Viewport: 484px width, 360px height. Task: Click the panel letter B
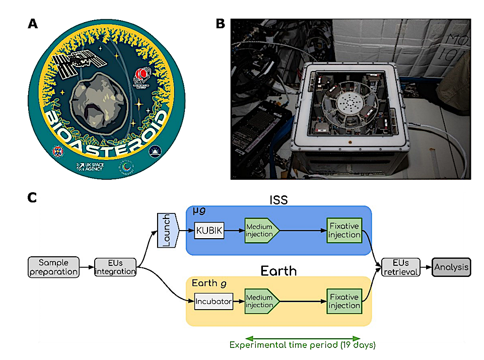[x=220, y=23]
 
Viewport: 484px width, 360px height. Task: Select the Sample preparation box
[x=54, y=267]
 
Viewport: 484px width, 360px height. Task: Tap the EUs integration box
[x=115, y=267]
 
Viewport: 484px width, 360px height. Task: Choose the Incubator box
[x=214, y=302]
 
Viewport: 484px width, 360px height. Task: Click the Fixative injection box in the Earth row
[x=344, y=301]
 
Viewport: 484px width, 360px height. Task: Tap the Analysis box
[x=452, y=267]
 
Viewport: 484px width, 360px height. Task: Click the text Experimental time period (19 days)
[x=302, y=345]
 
